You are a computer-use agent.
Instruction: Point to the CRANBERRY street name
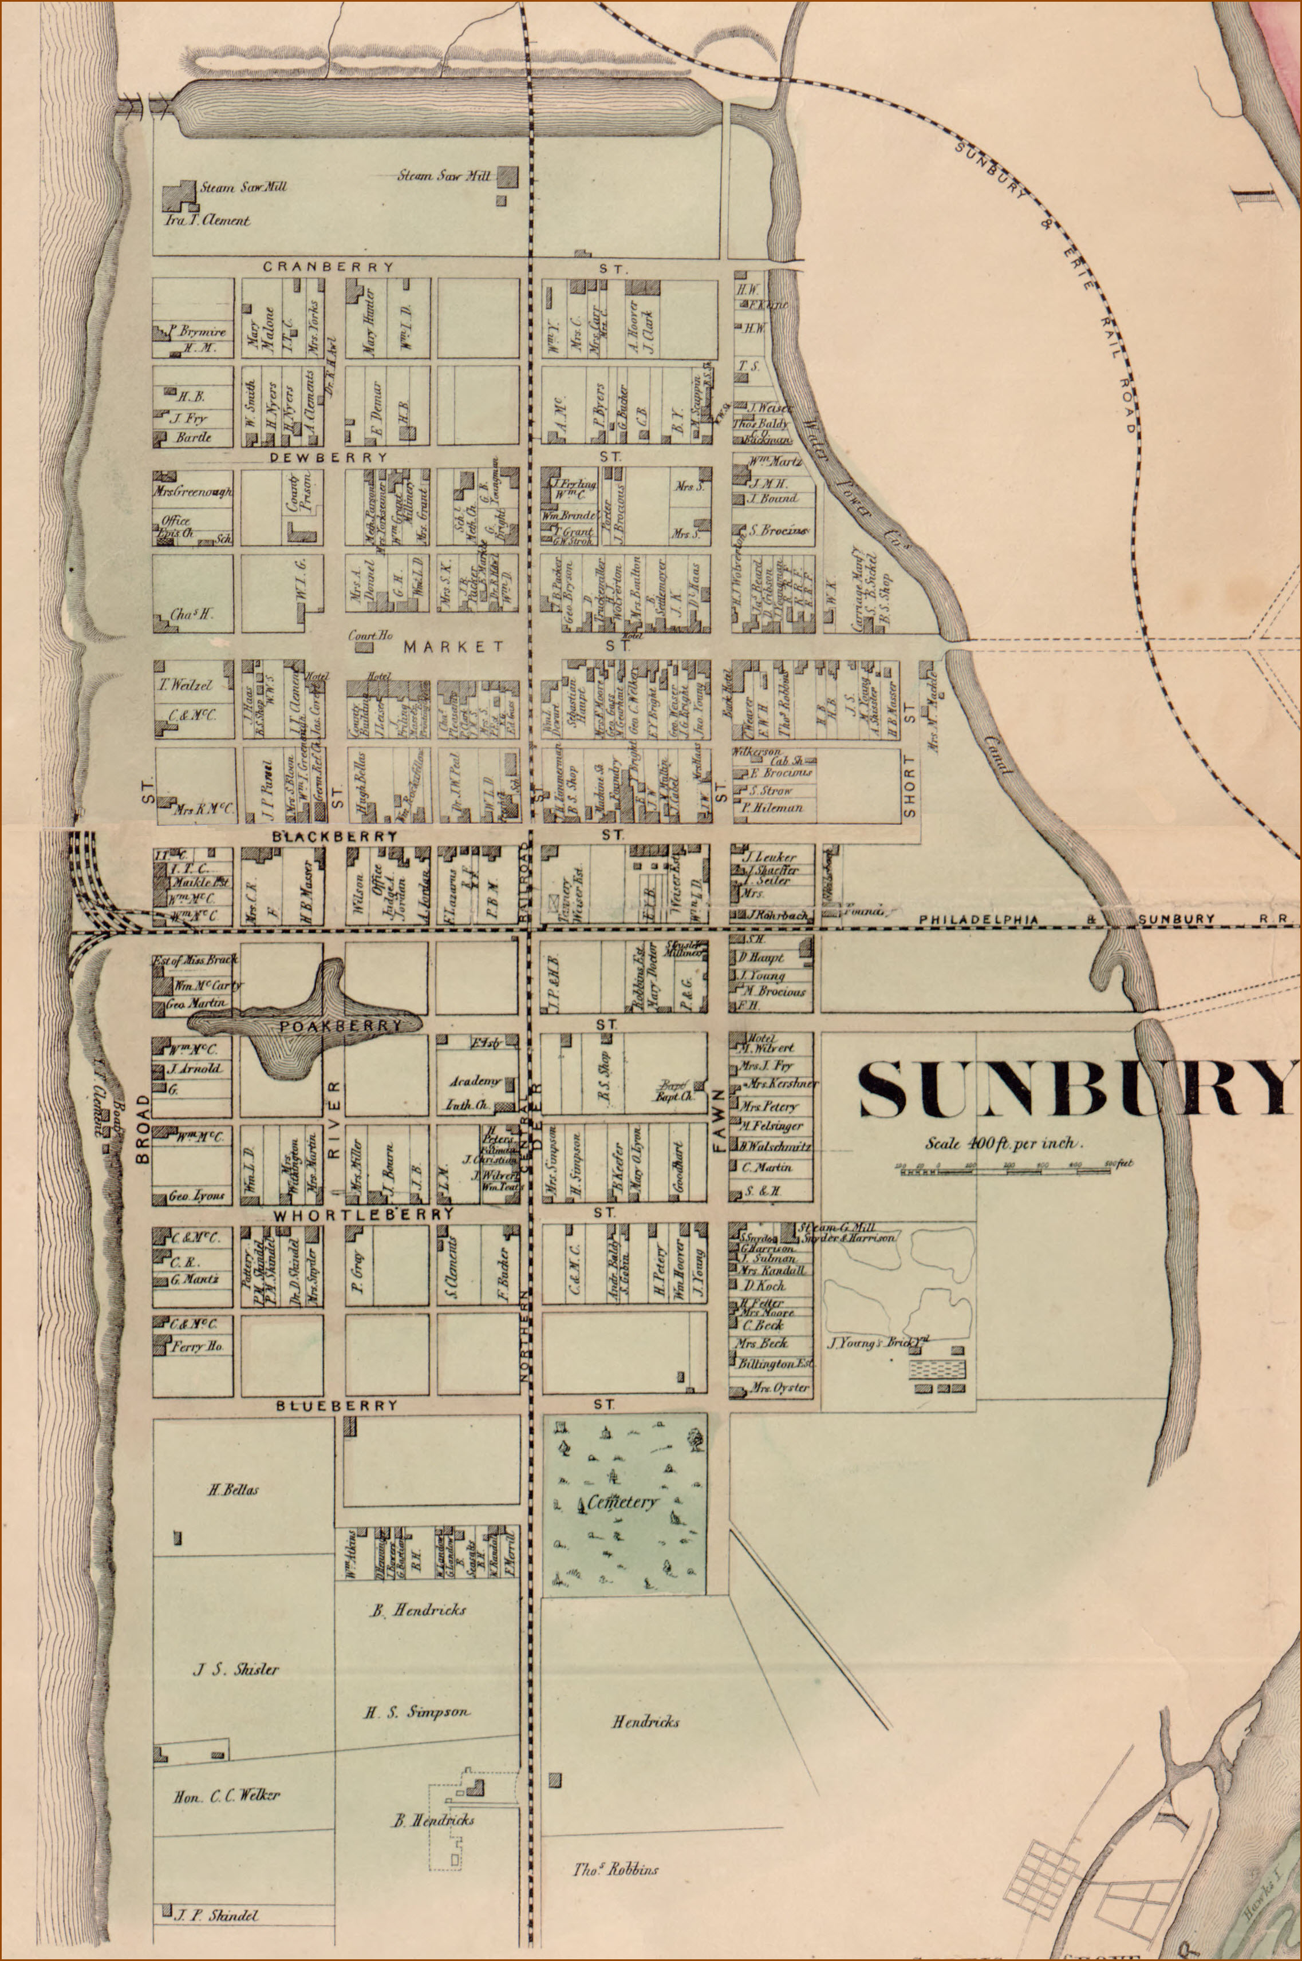tap(329, 266)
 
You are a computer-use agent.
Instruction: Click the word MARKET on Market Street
tap(453, 646)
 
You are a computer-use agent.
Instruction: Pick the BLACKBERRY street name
tap(334, 836)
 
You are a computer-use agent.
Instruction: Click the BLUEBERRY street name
tap(337, 1406)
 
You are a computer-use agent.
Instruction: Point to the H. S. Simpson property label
tap(417, 1711)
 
